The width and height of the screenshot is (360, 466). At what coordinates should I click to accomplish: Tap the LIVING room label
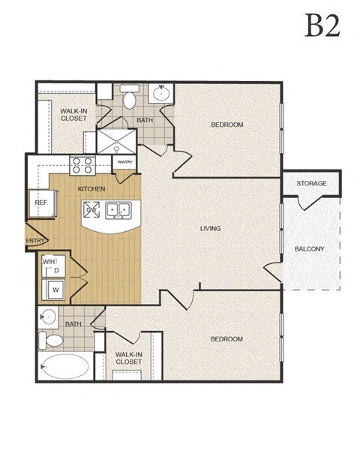tap(210, 228)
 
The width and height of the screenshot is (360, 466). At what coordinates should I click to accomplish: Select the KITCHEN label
tap(90, 189)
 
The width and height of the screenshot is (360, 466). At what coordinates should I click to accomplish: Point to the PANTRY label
tap(125, 161)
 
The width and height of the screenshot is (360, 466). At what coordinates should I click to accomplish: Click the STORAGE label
tap(310, 183)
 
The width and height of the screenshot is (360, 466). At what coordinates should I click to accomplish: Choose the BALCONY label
tap(310, 249)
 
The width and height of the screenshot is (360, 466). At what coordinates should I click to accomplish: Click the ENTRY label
tap(35, 241)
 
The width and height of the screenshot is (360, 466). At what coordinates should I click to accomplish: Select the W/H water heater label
tap(49, 262)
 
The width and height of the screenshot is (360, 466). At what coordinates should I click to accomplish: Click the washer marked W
tap(54, 288)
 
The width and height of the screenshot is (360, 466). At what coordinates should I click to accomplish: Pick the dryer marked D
tap(56, 271)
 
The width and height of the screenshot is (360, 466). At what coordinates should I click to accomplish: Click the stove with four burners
tap(80, 164)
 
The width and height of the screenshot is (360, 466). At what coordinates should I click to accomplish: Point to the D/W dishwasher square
tap(94, 210)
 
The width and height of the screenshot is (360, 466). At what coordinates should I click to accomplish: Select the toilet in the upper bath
tap(129, 98)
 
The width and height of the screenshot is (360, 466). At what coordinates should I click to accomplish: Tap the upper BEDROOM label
tap(226, 125)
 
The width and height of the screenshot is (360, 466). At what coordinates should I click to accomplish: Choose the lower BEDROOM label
tap(226, 339)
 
